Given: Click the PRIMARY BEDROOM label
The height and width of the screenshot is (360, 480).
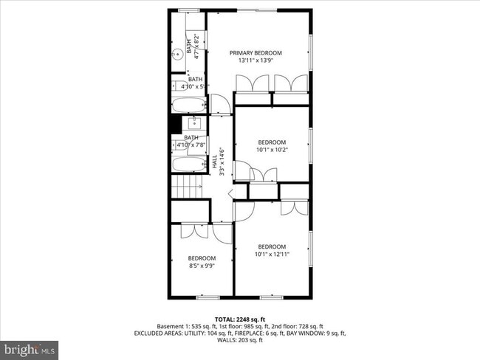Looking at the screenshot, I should click(x=256, y=52).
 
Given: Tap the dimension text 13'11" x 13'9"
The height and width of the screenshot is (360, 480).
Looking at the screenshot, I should click(x=256, y=60).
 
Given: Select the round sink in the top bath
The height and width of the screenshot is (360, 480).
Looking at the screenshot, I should click(x=179, y=54).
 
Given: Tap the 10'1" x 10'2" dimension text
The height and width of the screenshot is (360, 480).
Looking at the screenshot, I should click(x=272, y=150).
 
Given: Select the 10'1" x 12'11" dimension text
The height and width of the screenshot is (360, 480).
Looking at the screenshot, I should click(x=272, y=254).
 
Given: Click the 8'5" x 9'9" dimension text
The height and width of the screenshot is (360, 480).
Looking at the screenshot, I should click(x=201, y=266).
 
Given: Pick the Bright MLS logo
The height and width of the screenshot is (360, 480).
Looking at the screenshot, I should click(x=30, y=347).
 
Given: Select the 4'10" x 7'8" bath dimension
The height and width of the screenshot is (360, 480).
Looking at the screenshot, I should click(x=191, y=145).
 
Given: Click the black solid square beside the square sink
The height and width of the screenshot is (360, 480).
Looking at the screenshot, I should click(x=176, y=123).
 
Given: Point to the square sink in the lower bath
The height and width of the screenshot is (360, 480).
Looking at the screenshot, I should click(x=195, y=123).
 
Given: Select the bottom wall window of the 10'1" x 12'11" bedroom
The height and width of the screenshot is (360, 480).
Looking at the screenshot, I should click(x=272, y=297).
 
